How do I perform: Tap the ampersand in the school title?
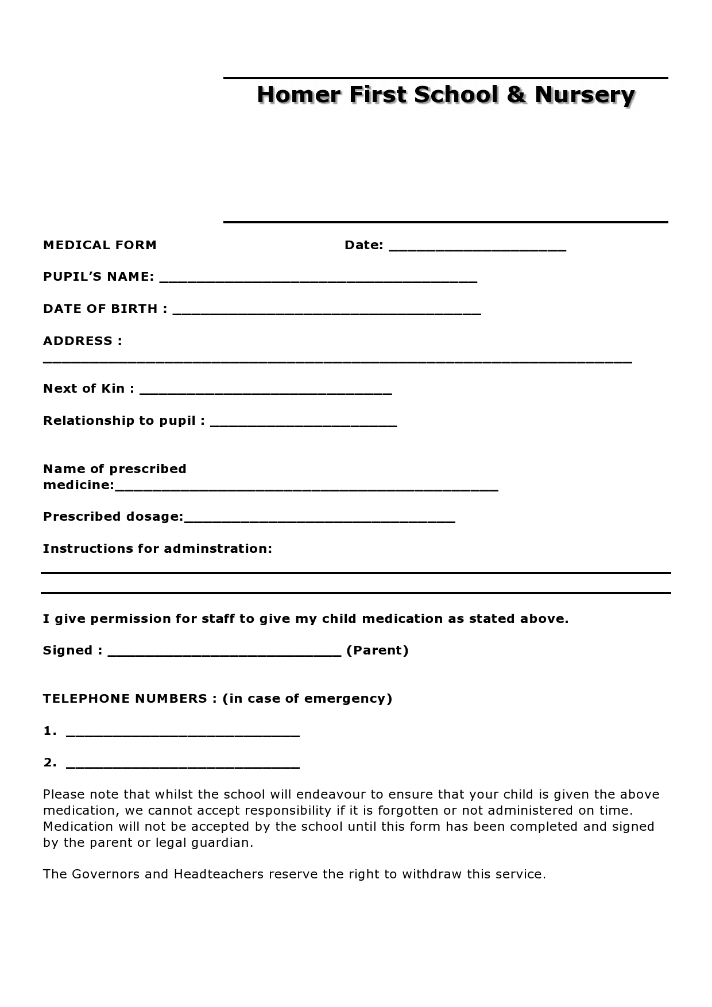516,95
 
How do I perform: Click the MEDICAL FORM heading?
100,245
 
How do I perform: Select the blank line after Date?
477,248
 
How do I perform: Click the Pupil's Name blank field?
318,280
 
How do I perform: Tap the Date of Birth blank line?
327,312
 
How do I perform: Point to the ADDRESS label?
82,341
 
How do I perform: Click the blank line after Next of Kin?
266,392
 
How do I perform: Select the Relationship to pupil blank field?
304,424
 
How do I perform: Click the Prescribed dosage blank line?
320,520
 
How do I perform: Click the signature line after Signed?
225,653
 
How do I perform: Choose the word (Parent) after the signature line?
377,650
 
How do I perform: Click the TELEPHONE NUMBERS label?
125,699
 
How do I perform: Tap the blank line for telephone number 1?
183,734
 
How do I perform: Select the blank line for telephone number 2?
183,765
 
